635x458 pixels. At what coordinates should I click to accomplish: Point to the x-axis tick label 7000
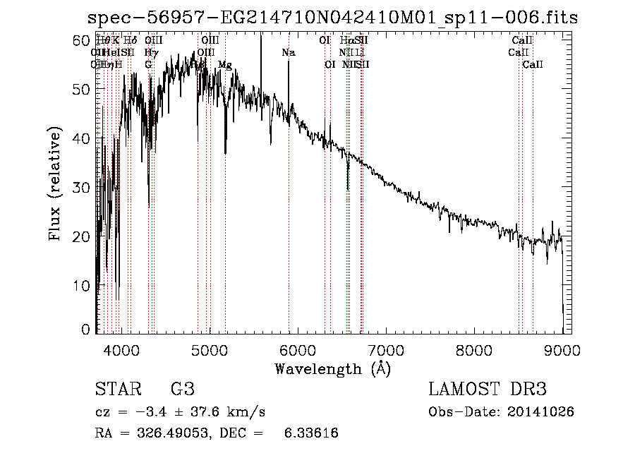tap(385, 349)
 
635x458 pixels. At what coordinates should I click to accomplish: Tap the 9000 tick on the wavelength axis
tap(562, 349)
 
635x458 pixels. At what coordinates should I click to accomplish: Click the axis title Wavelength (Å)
tap(332, 368)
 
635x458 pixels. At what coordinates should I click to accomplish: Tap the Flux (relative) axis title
tap(56, 184)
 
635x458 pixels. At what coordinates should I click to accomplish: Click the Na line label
tap(288, 52)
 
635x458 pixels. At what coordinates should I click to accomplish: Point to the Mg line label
tap(224, 65)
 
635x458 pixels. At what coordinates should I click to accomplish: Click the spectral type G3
tap(182, 390)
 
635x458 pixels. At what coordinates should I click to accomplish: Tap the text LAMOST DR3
tap(488, 390)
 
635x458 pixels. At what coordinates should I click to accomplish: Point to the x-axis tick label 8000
tap(473, 349)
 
